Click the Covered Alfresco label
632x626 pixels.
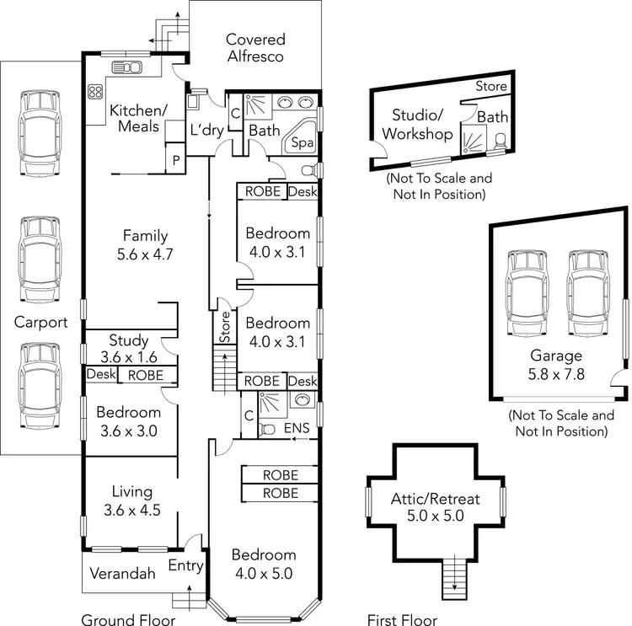pyautogui.click(x=255, y=48)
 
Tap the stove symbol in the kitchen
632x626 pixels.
pyautogui.click(x=95, y=92)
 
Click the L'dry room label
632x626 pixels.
pyautogui.click(x=206, y=131)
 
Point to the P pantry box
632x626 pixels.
pyautogui.click(x=177, y=160)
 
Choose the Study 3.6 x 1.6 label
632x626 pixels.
pyautogui.click(x=128, y=349)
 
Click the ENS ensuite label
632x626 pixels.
pyautogui.click(x=297, y=428)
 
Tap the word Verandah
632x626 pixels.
pyautogui.click(x=124, y=575)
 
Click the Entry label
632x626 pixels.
pyautogui.click(x=186, y=565)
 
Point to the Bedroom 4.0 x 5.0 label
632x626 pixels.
pyautogui.click(x=264, y=564)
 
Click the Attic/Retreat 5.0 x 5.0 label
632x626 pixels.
pyautogui.click(x=435, y=508)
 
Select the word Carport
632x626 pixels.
pyautogui.click(x=40, y=322)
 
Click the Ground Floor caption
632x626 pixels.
pyautogui.click(x=128, y=620)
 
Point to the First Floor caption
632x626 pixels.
pyautogui.click(x=402, y=620)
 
